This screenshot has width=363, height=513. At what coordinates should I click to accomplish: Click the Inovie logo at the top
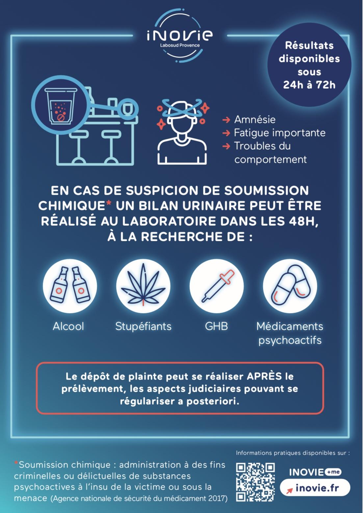(x=179, y=36)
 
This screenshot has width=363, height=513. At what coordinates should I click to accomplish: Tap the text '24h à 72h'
(x=309, y=85)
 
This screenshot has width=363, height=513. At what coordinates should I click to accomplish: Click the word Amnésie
(x=255, y=120)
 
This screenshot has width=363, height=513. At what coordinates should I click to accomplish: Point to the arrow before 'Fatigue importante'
(x=226, y=133)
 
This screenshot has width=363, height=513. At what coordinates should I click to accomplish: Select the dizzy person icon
(x=182, y=132)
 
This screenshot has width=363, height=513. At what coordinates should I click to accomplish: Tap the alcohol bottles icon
(x=70, y=286)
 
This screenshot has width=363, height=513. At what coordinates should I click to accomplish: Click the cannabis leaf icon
(x=143, y=286)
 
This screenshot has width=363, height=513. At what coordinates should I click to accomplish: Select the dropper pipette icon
(x=217, y=286)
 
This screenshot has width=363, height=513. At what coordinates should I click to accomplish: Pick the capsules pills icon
(x=290, y=286)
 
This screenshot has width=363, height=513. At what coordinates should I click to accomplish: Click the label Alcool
(x=68, y=327)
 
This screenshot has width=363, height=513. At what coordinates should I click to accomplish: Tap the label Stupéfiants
(x=143, y=327)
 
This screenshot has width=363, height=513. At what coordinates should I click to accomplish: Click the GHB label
(x=216, y=327)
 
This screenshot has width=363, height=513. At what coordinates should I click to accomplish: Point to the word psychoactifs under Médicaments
(x=290, y=341)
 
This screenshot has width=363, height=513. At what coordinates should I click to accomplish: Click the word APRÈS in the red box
(x=264, y=376)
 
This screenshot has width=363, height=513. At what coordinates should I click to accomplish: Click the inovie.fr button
(x=315, y=488)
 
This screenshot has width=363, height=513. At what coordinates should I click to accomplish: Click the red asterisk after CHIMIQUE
(x=109, y=203)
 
